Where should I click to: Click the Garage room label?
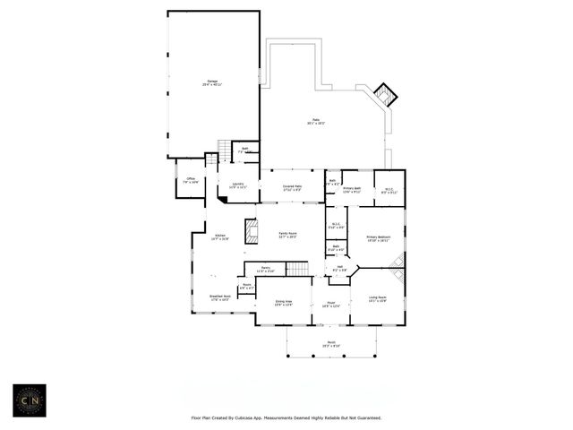(213, 82)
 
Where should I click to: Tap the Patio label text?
(316, 121)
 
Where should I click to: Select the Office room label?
(191, 180)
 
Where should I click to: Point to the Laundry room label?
(238, 185)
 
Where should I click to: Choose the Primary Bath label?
(351, 189)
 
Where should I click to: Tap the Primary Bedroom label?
(378, 238)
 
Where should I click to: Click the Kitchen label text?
(219, 237)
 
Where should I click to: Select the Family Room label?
(287, 235)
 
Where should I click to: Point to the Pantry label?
(266, 269)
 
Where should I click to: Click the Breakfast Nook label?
(220, 299)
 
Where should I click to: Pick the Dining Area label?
(284, 303)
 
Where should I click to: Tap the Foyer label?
(329, 303)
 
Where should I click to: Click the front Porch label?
(332, 346)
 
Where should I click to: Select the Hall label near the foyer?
(340, 268)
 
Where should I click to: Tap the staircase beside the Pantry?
(296, 267)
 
